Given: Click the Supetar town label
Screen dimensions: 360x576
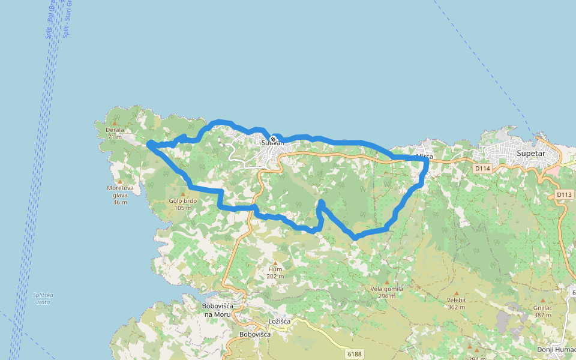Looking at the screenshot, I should pos(531,153).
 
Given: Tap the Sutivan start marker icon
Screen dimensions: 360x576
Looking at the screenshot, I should pos(273,139).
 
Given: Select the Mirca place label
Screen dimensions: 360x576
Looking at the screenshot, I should pos(424,157).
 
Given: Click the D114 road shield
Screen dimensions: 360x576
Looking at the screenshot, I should pos(482,169).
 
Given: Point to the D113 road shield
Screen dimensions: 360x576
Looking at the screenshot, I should pos(564,194).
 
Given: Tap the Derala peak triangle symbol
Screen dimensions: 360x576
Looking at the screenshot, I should pos(115,123).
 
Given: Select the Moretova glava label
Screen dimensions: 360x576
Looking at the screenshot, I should pos(120,195).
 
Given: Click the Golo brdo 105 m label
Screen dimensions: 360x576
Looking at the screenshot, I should pos(183,204).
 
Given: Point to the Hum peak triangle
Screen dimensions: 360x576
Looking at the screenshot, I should pos(275,263).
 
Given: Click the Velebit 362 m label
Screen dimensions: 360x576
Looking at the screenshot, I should pos(456,303).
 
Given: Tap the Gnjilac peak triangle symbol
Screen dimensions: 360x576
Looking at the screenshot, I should pos(542,301).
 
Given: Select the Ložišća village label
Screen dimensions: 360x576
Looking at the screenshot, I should pos(280,322).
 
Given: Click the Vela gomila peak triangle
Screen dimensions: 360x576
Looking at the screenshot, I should pos(387,282).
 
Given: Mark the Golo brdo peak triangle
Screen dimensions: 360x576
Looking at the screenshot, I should pos(183,194).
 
